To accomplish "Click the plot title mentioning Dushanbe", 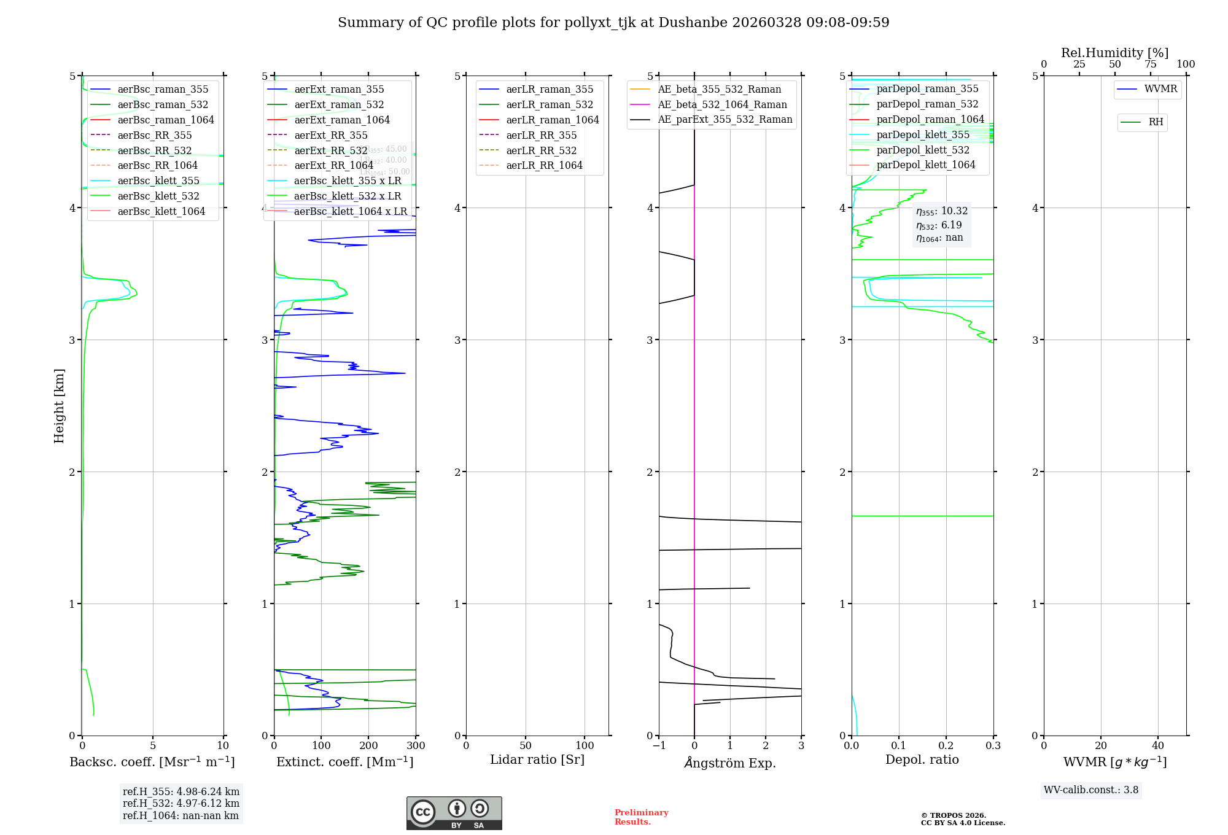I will [613, 23].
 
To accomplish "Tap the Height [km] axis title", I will [59, 405].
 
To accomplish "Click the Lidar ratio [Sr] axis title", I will [537, 760].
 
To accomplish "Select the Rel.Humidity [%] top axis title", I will [1114, 53].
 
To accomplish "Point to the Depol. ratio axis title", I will [922, 760].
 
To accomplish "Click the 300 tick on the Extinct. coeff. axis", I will [416, 746].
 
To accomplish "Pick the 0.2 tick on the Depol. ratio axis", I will [946, 746].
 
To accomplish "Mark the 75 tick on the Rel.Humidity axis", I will [1150, 64].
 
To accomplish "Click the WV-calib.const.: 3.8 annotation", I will [1090, 790].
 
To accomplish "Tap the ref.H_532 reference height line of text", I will [181, 804].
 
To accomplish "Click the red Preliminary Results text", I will [641, 817].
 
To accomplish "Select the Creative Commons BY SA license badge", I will [454, 814].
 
